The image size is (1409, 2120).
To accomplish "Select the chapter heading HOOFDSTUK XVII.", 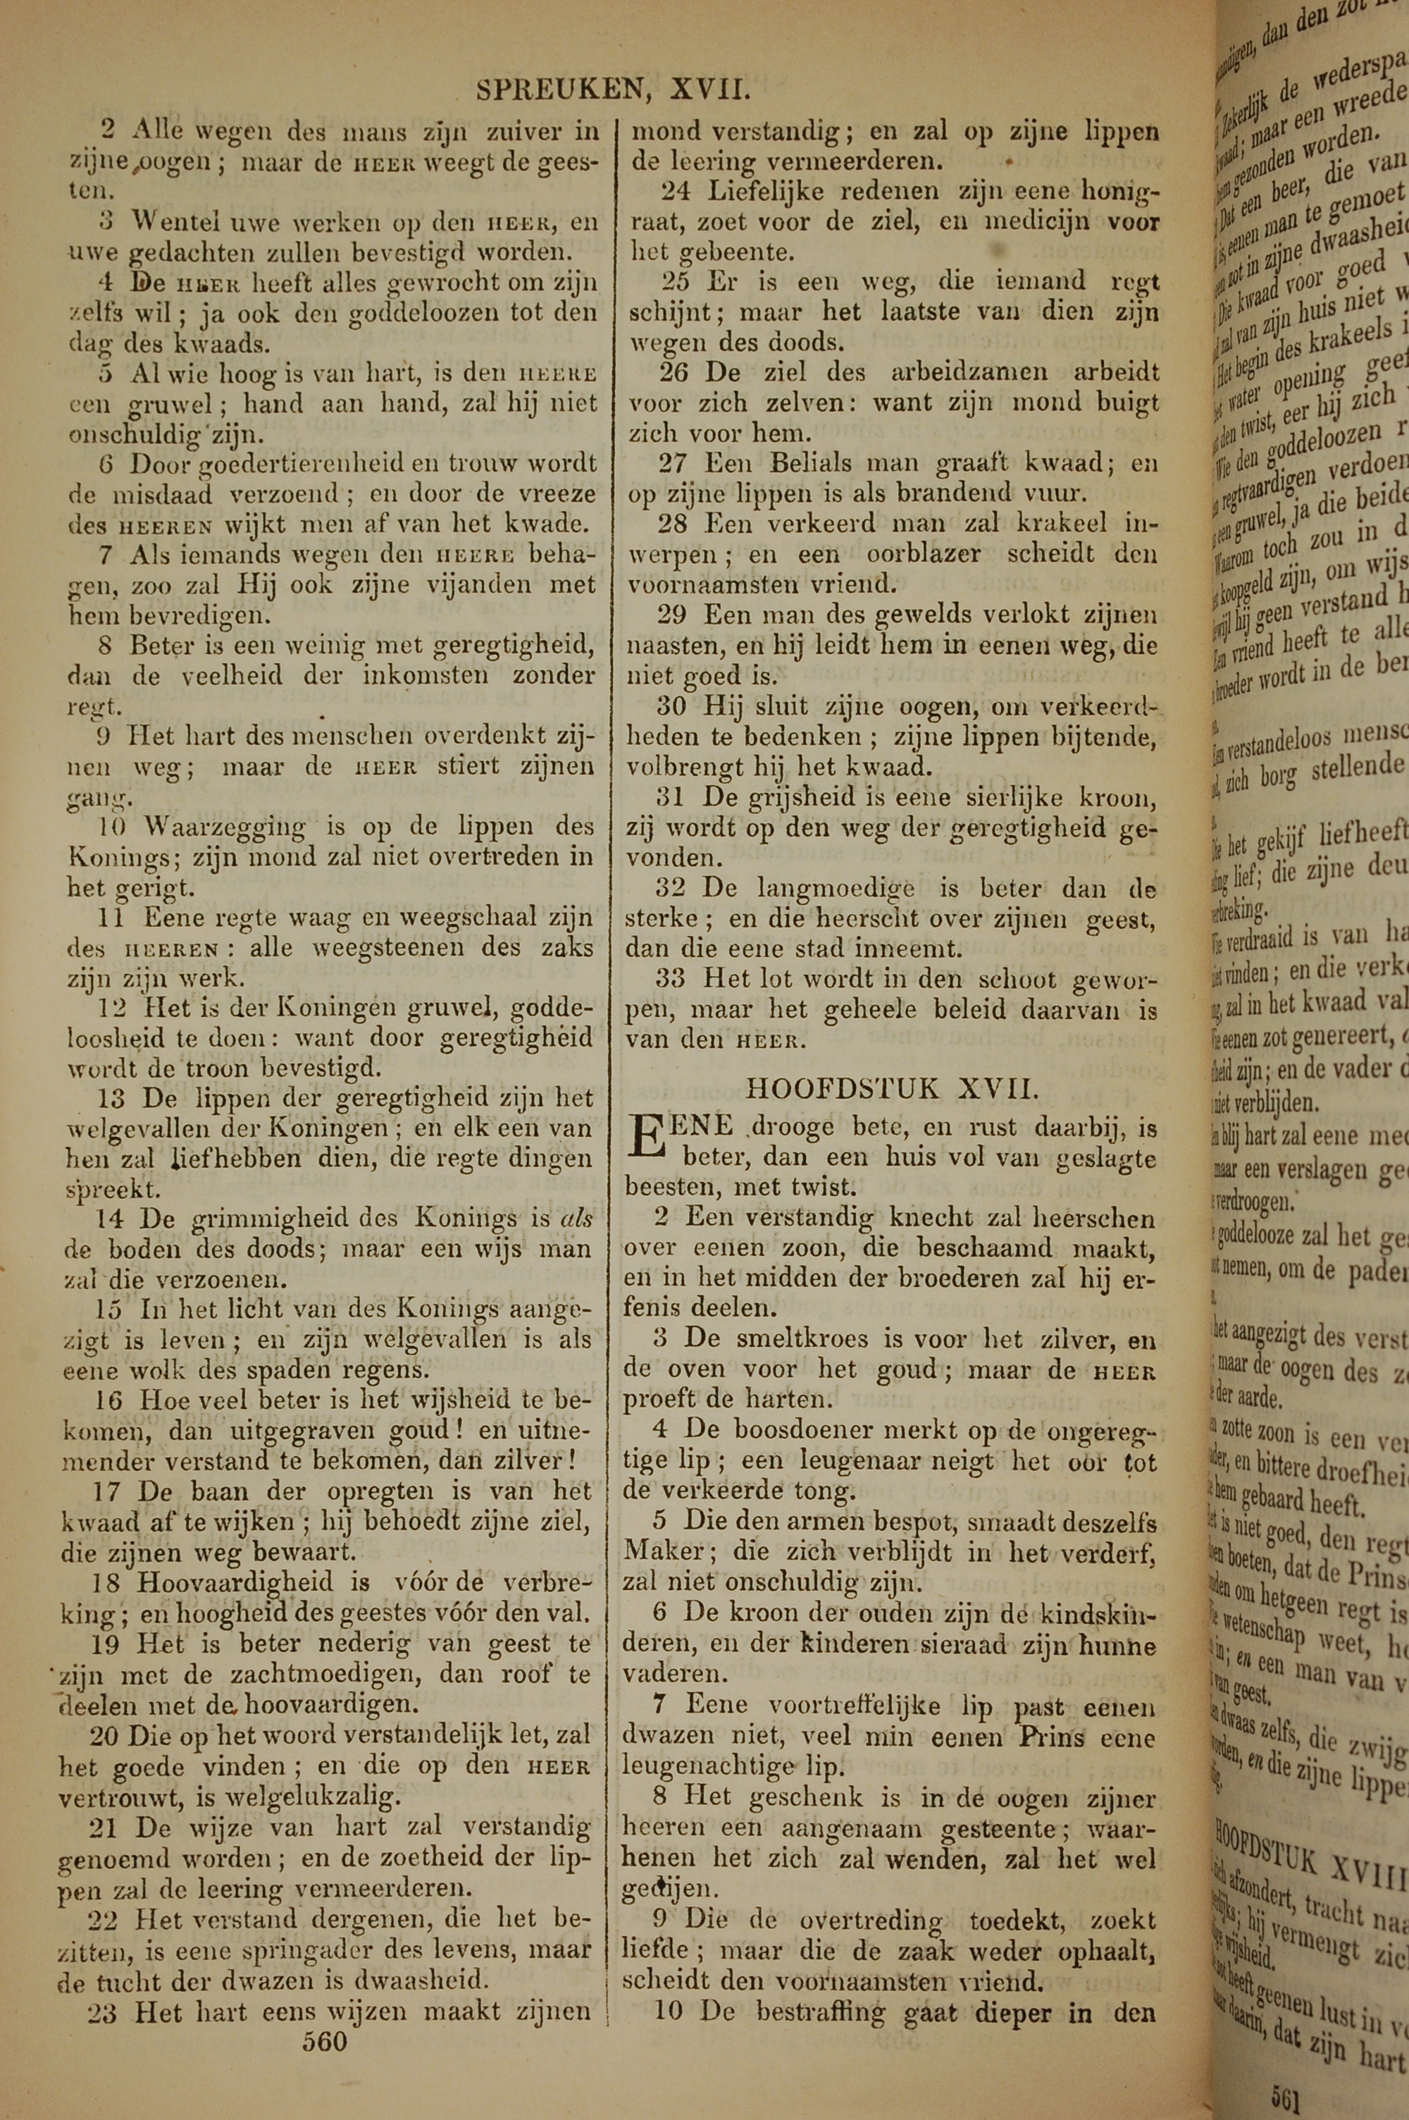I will tap(893, 1088).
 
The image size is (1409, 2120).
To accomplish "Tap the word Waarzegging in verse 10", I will tap(225, 826).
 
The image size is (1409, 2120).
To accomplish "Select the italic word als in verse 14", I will tap(575, 1219).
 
